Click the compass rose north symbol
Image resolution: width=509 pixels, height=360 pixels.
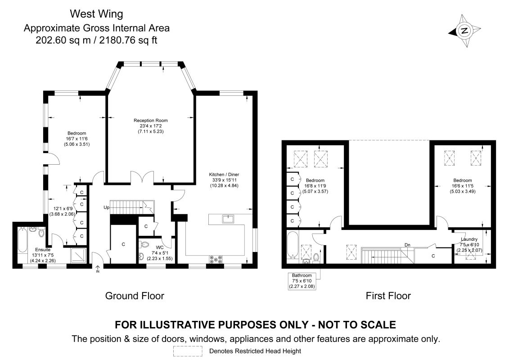click(464, 31)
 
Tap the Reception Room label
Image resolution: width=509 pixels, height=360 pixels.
click(151, 121)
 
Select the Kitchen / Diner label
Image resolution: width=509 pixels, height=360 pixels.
click(224, 175)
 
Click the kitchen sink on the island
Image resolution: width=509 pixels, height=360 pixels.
click(228, 219)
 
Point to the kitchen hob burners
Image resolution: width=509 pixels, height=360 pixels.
click(216, 259)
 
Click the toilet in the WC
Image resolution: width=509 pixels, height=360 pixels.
click(144, 244)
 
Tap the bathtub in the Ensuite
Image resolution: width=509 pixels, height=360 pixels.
click(23, 240)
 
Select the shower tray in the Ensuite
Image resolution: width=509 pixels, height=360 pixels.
click(78, 256)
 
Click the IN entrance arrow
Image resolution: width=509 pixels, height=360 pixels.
click(98, 269)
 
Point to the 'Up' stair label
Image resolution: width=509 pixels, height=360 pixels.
click(107, 207)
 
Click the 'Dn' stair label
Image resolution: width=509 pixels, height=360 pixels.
click(407, 245)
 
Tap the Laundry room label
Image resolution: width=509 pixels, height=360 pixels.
click(469, 239)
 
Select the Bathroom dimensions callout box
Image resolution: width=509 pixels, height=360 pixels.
click(302, 281)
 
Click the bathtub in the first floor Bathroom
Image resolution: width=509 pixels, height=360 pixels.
click(293, 245)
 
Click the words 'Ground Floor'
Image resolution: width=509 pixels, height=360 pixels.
click(135, 296)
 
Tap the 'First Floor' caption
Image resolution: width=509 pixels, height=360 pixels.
click(388, 296)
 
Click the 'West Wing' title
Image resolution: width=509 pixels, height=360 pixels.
click(96, 13)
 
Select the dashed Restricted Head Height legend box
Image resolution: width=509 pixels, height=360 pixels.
click(188, 351)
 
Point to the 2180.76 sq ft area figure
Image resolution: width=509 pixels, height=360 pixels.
click(128, 40)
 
